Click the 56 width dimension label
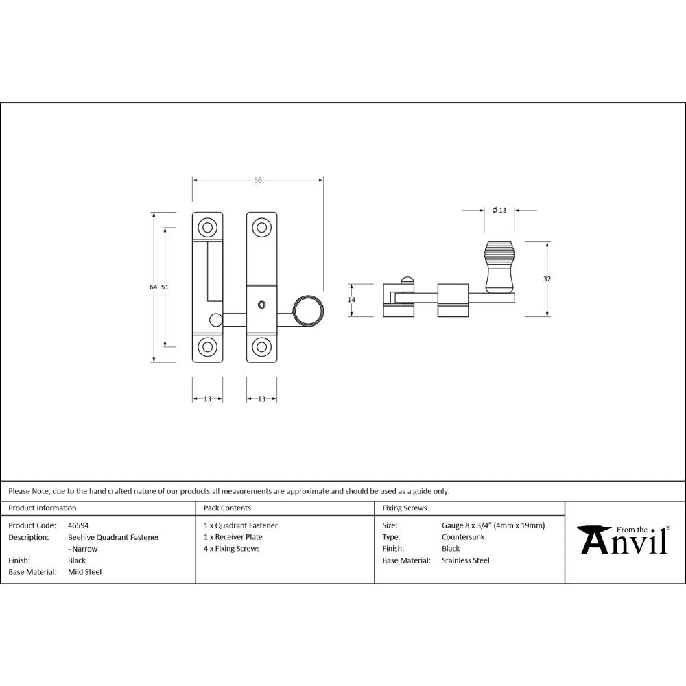(x=258, y=180)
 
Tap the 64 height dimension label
(x=154, y=287)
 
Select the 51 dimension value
(x=165, y=287)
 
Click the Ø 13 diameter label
(x=499, y=211)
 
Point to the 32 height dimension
(x=547, y=279)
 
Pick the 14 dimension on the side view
(x=351, y=300)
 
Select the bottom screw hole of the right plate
(x=261, y=346)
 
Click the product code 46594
(x=78, y=525)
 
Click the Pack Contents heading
(x=227, y=508)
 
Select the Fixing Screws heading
(x=405, y=508)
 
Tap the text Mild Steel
(x=84, y=571)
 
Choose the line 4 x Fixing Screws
(x=232, y=549)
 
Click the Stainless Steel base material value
(x=466, y=560)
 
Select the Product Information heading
(x=43, y=508)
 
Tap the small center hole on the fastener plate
(x=261, y=304)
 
